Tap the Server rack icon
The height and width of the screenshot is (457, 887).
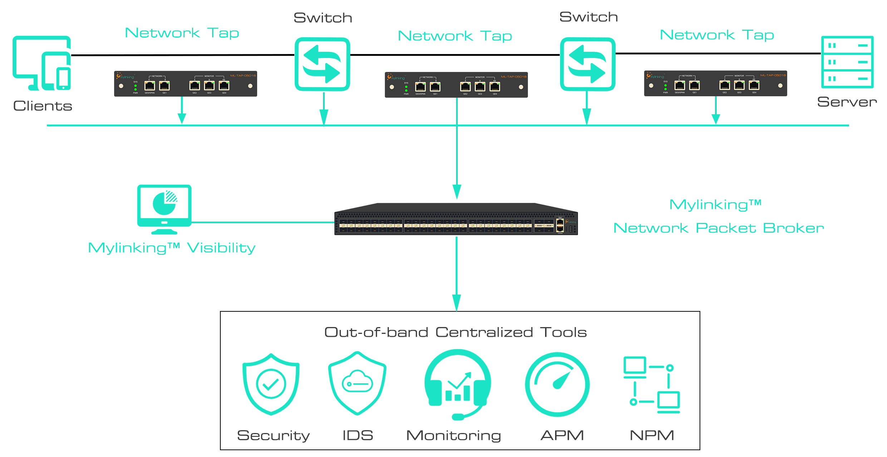(x=847, y=62)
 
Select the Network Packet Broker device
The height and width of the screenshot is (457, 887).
(x=456, y=219)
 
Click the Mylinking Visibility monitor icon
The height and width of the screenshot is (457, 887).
(x=164, y=209)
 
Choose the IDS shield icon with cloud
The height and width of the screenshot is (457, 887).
(x=357, y=383)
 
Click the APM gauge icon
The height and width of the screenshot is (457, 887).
(x=557, y=384)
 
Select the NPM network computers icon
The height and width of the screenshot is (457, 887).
(x=651, y=385)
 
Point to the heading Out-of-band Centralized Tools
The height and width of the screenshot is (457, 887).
(x=455, y=332)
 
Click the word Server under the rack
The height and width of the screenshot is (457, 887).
(x=847, y=102)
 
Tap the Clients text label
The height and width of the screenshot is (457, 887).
(x=43, y=106)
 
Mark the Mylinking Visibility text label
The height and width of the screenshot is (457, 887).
(x=172, y=248)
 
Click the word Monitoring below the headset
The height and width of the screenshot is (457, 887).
(x=454, y=436)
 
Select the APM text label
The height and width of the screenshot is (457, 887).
(x=562, y=436)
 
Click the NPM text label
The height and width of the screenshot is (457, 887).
(x=652, y=436)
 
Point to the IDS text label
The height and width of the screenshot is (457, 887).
(x=358, y=436)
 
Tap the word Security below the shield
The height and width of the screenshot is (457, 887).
(x=273, y=436)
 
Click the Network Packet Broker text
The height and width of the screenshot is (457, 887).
(x=718, y=228)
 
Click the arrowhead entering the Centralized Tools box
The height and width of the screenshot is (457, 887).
(x=456, y=303)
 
